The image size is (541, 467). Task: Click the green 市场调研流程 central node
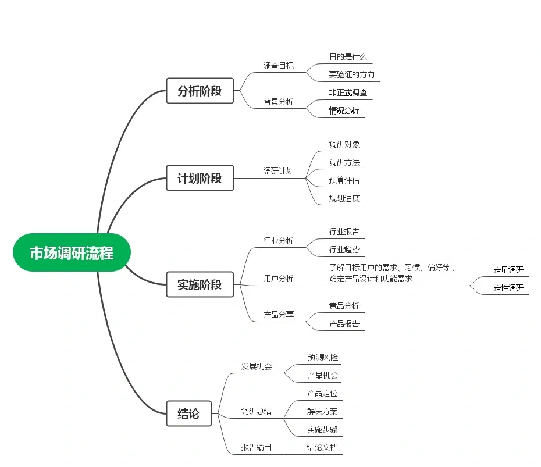pos(72,253)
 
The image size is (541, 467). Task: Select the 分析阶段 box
pos(200,91)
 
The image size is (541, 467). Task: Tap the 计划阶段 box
pos(200,178)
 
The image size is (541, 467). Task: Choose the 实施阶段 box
pos(200,285)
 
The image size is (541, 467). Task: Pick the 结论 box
pos(188,413)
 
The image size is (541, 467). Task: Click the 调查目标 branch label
pos(278,66)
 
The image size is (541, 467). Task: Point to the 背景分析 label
pos(278,102)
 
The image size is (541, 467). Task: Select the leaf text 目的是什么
pos(348,57)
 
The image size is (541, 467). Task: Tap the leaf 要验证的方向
pos(351,74)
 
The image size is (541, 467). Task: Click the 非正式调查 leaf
pos(348,92)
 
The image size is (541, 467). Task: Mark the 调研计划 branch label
pos(278,171)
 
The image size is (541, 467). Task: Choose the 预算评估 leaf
pos(344,180)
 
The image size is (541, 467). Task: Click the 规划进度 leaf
pos(344,198)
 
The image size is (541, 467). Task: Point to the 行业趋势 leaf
pos(344,249)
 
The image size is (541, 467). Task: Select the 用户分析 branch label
pos(278,279)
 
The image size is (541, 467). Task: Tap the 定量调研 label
pos(508,270)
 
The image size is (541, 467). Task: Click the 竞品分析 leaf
pos(344,306)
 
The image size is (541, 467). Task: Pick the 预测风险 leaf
pos(322,357)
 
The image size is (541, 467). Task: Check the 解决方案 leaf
pos(322,411)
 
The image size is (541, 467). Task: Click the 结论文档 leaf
pos(322,447)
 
